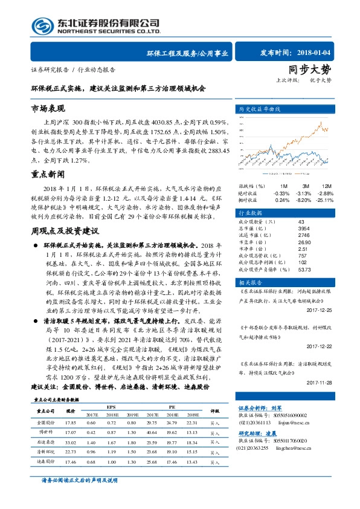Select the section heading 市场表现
47,109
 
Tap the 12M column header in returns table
326,185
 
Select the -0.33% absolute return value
281,192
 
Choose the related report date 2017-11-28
320,383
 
